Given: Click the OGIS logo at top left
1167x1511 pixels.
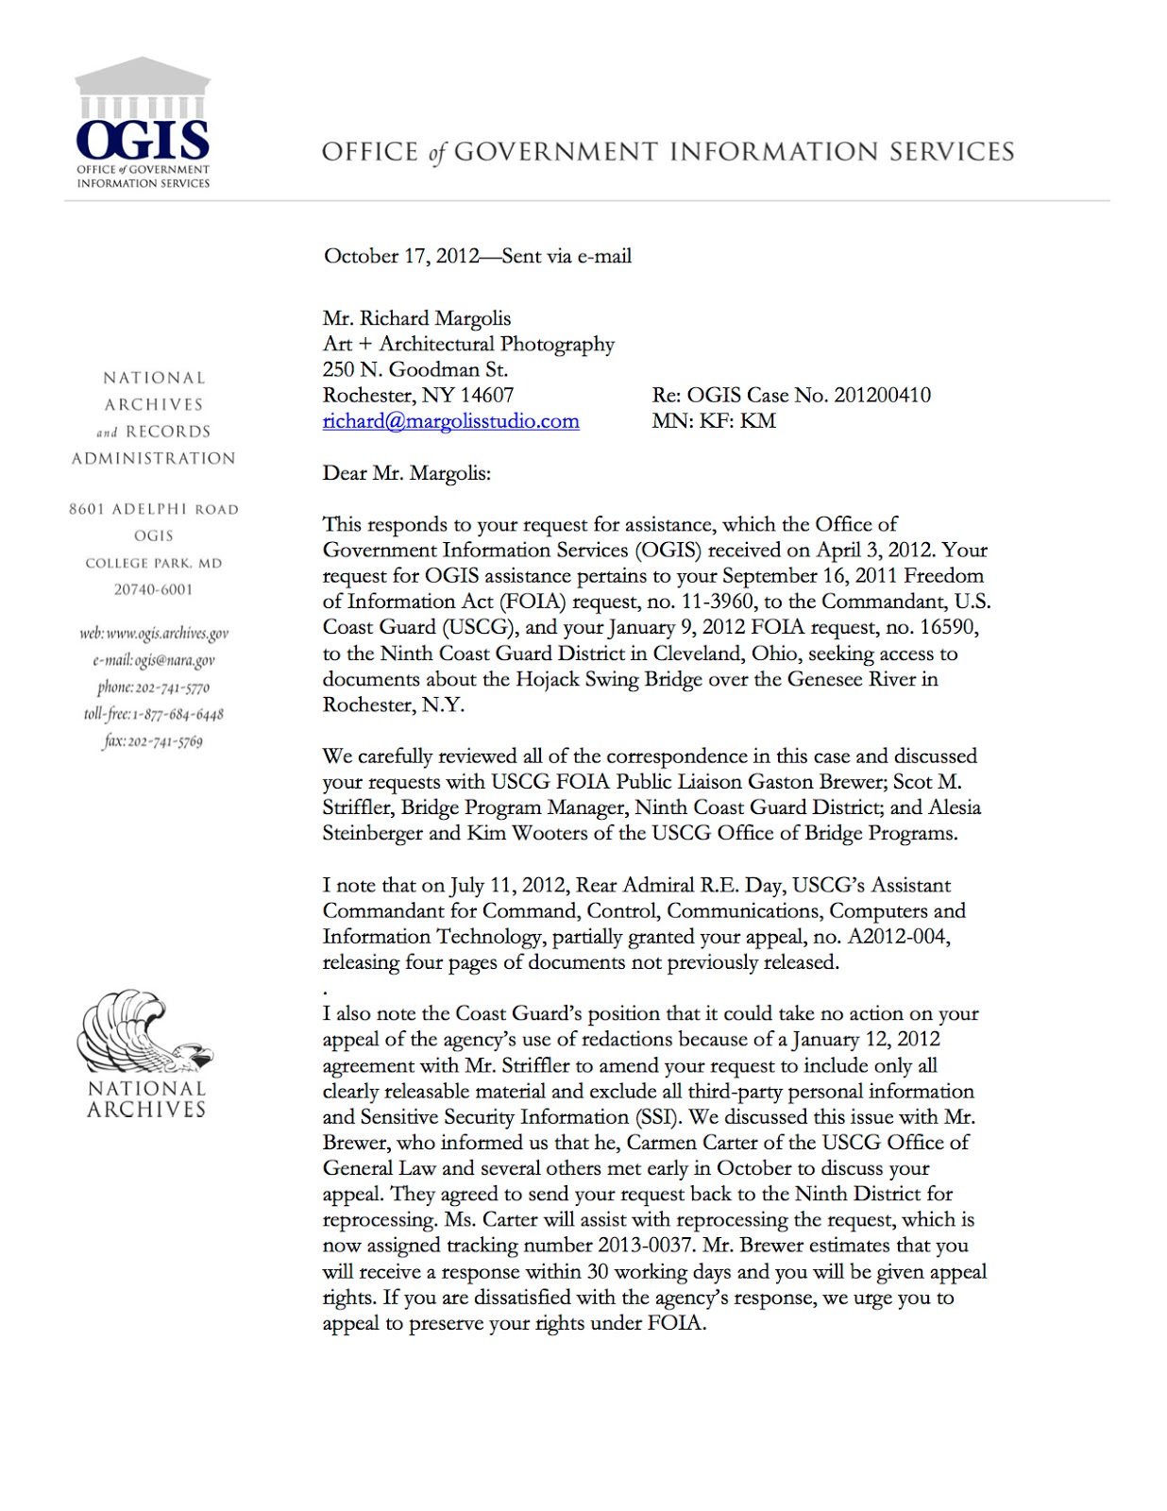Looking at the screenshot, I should (143, 123).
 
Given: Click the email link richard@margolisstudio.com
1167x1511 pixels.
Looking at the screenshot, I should (450, 421).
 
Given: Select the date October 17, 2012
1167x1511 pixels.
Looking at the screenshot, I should (401, 256).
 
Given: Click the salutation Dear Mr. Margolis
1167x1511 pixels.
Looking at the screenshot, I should (406, 473).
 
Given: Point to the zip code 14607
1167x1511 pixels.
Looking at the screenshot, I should (486, 395).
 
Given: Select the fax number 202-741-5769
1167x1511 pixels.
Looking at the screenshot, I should (165, 741).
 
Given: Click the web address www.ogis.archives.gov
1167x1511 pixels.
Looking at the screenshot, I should (167, 634).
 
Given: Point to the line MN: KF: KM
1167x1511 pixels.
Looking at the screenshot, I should (713, 421).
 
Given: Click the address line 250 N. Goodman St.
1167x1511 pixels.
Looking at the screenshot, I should (414, 369).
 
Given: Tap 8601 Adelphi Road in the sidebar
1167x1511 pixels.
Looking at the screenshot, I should (153, 509).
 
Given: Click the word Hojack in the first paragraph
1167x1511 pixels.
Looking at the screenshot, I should (548, 679).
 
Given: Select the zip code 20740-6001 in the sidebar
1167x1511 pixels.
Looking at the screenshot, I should (153, 589).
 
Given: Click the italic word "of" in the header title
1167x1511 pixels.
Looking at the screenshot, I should (435, 153).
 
